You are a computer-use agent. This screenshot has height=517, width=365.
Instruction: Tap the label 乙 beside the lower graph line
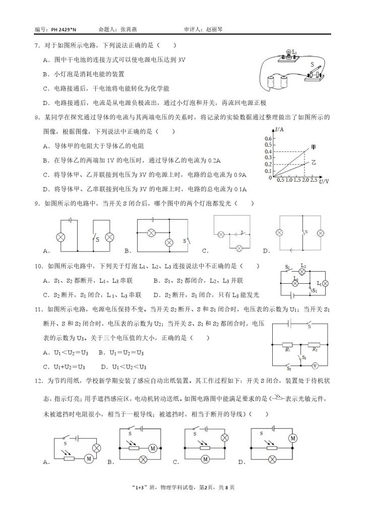click(314, 163)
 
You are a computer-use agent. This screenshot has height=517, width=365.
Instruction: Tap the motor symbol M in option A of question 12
click(89, 458)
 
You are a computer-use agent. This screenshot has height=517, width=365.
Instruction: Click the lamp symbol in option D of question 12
click(273, 459)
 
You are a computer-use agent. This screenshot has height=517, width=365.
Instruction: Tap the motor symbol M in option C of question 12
click(205, 459)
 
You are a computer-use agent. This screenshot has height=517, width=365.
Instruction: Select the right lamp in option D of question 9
click(320, 233)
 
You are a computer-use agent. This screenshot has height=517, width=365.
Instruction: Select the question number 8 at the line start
click(36, 117)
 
